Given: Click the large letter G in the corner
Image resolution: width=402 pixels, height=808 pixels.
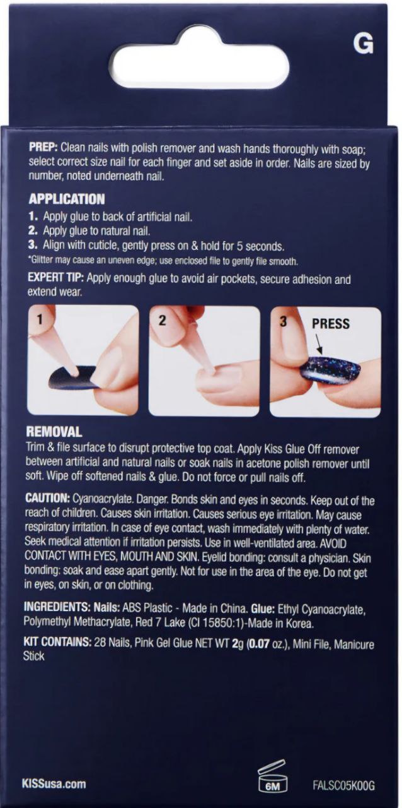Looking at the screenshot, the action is point(363,44).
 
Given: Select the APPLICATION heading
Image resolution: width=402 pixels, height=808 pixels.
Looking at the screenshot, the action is point(67,199).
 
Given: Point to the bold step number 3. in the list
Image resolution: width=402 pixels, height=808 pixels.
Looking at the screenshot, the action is point(33,244).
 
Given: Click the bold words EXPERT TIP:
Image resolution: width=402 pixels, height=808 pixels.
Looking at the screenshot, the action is point(56,278).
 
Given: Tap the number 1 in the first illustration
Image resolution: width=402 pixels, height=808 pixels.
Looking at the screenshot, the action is point(40,319).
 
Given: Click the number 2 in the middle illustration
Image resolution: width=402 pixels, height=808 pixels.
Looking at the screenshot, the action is point(163,320).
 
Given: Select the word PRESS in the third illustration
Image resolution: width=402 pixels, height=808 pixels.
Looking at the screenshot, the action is point(331,324).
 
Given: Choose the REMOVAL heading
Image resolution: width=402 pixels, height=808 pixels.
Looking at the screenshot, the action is point(54,432).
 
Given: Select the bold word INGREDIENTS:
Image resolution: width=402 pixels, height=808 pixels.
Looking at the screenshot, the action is point(57,607).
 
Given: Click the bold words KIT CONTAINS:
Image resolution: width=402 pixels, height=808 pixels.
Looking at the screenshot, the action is point(57,642).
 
